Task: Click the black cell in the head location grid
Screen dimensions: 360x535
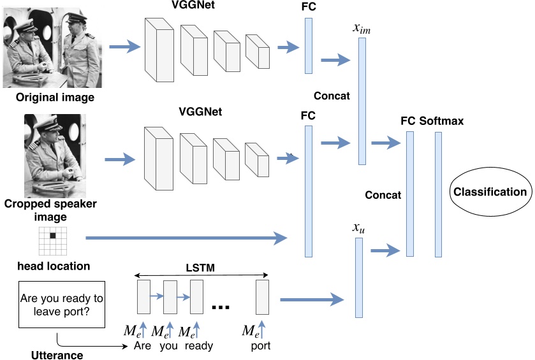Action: (53, 236)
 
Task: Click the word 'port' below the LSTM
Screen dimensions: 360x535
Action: (261, 347)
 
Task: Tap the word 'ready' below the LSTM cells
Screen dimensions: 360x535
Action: (199, 347)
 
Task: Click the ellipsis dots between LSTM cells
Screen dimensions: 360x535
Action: (220, 308)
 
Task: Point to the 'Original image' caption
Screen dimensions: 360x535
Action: (55, 97)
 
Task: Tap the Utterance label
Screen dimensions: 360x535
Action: (57, 354)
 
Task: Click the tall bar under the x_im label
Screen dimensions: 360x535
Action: (362, 101)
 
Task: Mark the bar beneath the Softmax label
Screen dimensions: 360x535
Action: (438, 194)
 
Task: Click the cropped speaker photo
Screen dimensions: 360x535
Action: (55, 155)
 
